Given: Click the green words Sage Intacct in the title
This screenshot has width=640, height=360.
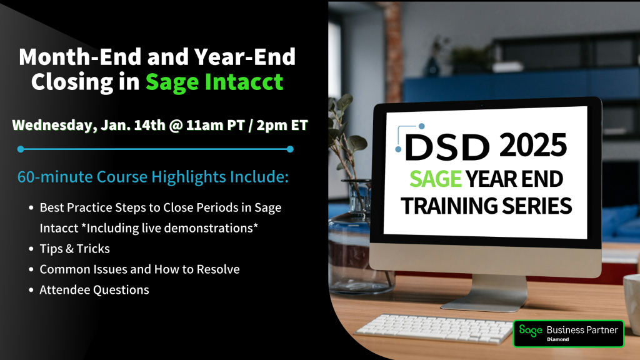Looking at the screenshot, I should [x=214, y=82].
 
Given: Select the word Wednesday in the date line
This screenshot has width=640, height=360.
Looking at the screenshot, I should [x=52, y=125].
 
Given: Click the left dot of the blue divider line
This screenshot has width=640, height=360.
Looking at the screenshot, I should [x=21, y=149].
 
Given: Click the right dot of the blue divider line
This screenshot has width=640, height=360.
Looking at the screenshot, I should [x=290, y=149].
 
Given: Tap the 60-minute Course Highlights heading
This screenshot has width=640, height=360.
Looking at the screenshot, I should [x=152, y=177].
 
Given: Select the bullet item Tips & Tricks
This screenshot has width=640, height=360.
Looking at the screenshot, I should [x=74, y=249].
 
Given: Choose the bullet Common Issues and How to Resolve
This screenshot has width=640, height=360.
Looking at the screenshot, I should [x=139, y=269].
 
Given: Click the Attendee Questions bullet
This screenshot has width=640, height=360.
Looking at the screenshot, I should [x=94, y=289].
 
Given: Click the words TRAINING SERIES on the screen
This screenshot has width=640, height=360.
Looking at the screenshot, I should [x=487, y=206].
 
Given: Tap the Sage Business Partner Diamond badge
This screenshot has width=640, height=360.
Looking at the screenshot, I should [x=568, y=333].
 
